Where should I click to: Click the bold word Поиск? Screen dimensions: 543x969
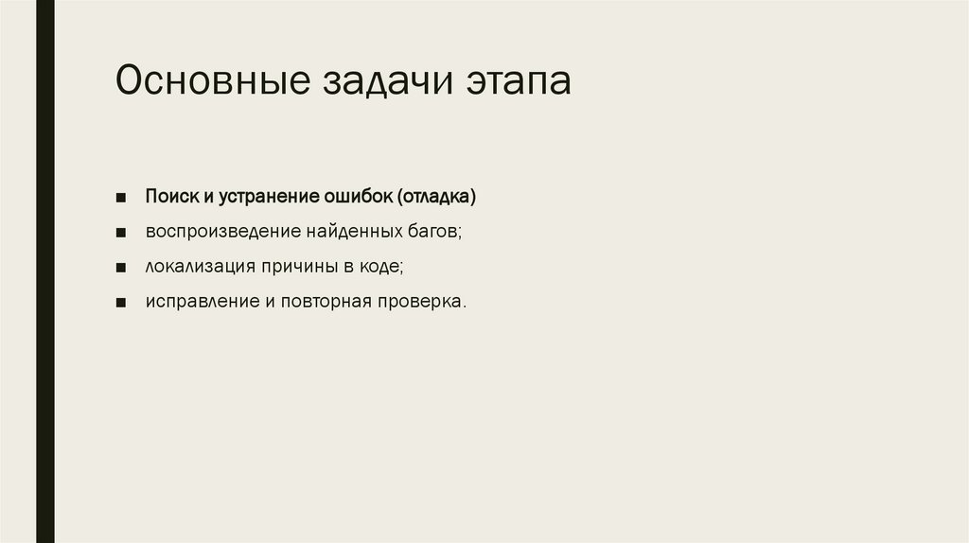point(170,198)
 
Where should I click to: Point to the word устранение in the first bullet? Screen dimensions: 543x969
point(267,198)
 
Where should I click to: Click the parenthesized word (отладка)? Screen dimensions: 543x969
point(436,198)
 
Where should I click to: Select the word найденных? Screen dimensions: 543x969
point(350,233)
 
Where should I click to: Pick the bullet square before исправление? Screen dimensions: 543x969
point(122,304)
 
